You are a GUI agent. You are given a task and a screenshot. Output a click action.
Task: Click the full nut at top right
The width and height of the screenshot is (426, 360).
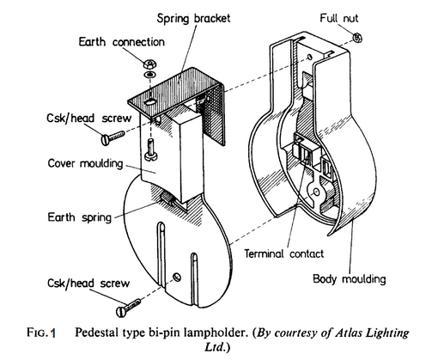[357, 37]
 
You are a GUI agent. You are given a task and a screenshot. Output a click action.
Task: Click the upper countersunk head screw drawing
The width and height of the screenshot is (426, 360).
[115, 136]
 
